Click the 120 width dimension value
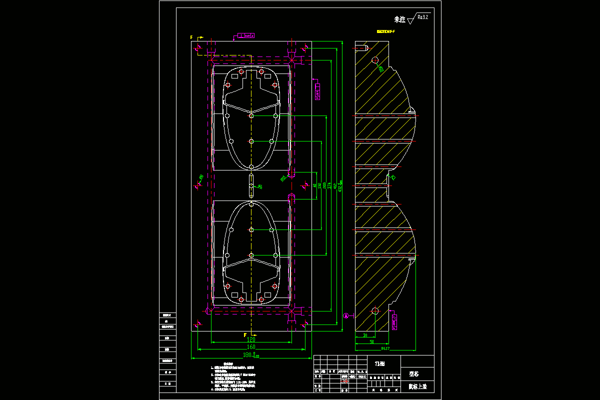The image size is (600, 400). click(251, 339)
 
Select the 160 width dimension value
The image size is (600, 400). click(251, 346)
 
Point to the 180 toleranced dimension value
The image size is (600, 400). click(248, 355)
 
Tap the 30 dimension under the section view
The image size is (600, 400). click(365, 335)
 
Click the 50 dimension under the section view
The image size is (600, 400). click(371, 341)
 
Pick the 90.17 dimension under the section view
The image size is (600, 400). click(385, 348)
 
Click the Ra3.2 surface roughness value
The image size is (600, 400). click(422, 17)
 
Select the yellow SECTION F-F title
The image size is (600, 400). click(385, 31)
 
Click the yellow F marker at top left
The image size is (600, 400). click(191, 37)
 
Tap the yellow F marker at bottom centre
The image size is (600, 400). click(245, 334)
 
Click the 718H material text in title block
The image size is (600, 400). click(379, 363)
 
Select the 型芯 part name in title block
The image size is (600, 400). click(414, 373)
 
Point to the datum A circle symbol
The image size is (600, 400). click(346, 315)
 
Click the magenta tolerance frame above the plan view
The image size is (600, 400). click(245, 35)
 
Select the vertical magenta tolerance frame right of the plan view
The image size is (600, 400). click(318, 91)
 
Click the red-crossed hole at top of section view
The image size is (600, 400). click(375, 60)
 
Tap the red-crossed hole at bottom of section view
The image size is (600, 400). click(375, 311)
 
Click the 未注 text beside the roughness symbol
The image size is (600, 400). click(399, 19)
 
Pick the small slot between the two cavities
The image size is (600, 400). click(251, 186)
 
